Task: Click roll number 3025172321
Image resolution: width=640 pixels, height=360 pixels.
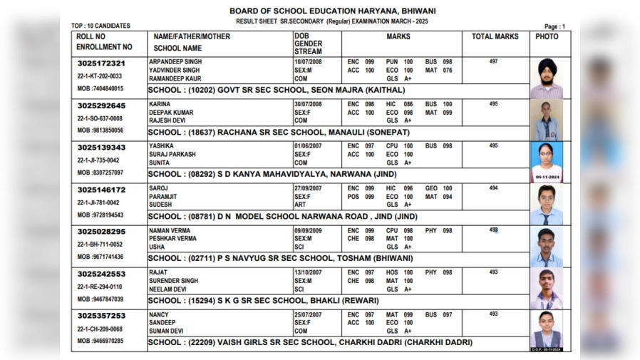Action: [101, 63]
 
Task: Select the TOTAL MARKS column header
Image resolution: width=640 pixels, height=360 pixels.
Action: [495, 36]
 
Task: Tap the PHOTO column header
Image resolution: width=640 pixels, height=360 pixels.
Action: [547, 36]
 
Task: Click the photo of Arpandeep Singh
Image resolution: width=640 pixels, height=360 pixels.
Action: [547, 78]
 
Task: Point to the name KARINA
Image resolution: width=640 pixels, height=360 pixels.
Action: [160, 104]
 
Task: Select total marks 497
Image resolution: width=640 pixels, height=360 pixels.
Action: [493, 62]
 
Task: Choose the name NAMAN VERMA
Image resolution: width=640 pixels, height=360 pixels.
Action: [169, 231]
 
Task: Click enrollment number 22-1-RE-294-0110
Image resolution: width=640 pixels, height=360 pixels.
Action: [100, 287]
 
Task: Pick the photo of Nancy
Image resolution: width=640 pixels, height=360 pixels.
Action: [547, 329]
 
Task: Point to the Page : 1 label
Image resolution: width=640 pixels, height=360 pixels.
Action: [554, 26]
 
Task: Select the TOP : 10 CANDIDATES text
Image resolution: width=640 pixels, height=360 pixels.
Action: [101, 26]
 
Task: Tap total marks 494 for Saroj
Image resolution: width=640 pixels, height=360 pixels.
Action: [493, 188]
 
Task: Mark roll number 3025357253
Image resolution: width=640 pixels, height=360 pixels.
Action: [101, 316]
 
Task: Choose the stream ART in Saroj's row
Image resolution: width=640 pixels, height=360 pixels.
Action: [299, 204]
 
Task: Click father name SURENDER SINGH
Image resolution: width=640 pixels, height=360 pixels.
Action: [174, 281]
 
